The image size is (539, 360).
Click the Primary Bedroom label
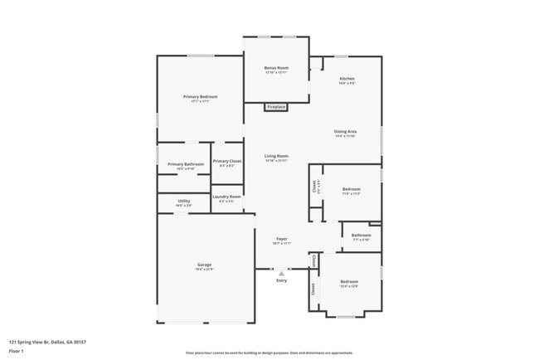tap(200, 97)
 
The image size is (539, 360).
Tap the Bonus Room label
tap(276, 67)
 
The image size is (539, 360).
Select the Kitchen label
tap(347, 79)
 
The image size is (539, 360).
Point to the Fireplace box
tap(276, 107)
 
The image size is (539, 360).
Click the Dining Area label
tap(345, 132)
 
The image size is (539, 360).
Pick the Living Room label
tap(276, 156)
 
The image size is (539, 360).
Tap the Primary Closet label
tap(227, 161)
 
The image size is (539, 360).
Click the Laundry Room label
tap(226, 197)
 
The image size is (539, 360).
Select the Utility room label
tap(183, 201)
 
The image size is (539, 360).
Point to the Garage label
tap(204, 265)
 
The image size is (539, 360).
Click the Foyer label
tap(282, 238)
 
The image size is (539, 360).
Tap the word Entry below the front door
tap(282, 281)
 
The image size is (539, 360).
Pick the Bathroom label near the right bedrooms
tap(361, 235)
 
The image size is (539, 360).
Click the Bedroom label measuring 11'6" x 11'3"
tap(352, 189)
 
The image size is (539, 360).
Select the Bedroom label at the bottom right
tap(349, 282)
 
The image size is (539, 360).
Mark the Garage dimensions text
tap(204, 270)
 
